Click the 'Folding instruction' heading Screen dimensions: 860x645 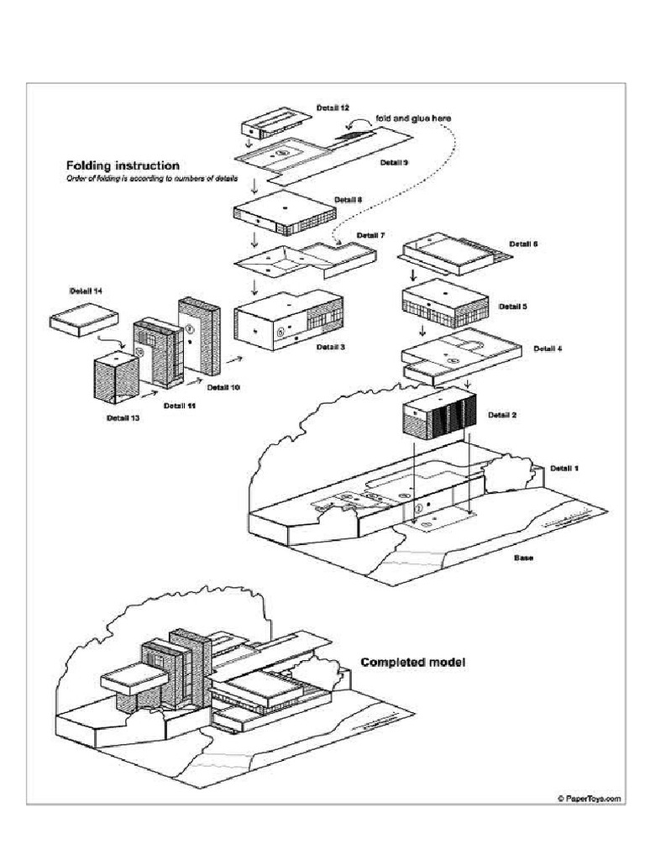123,165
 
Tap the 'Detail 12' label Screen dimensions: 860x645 333,108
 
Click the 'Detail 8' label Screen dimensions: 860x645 349,200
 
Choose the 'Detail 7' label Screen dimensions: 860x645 370,235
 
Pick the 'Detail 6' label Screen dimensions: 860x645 523,244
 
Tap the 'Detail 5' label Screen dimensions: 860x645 512,307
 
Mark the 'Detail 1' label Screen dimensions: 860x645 564,467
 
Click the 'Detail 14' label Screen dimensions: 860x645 86,291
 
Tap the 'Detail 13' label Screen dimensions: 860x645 123,417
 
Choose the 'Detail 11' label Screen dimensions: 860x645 180,405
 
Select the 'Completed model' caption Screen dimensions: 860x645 412,662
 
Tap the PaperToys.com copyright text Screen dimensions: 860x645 588,799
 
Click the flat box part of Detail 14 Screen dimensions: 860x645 83,319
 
